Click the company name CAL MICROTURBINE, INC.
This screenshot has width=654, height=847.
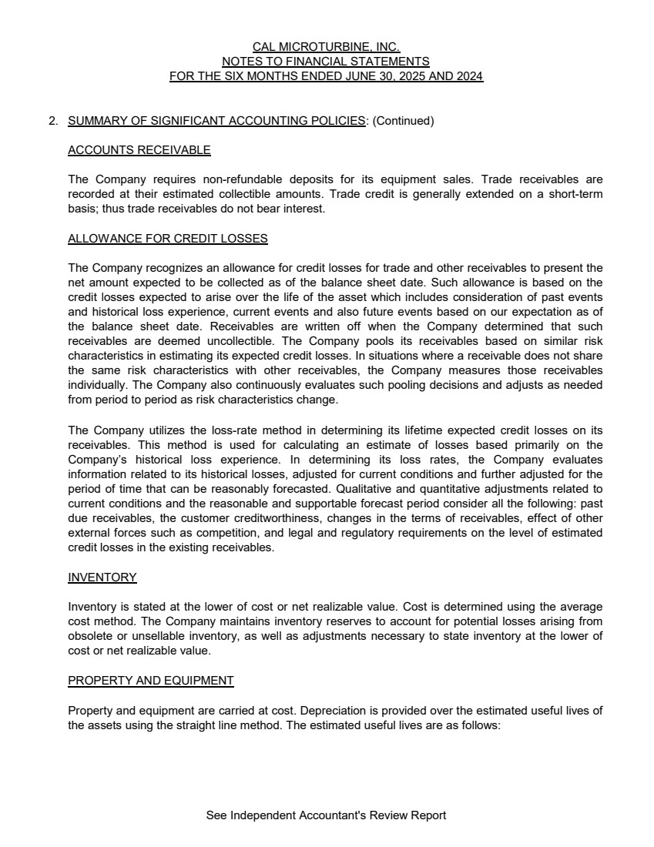[326, 47]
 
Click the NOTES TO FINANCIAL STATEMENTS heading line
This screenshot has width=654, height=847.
[326, 62]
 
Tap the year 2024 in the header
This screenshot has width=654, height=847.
[469, 76]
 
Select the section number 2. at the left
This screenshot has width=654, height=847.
[53, 121]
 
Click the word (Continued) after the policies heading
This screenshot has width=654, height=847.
[404, 121]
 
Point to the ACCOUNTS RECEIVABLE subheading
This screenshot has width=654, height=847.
[139, 150]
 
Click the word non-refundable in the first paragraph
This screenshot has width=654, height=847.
[233, 179]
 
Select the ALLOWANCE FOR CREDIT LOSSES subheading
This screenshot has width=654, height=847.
[168, 239]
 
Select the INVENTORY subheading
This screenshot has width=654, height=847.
[102, 577]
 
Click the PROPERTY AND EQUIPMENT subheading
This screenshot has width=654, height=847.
[151, 681]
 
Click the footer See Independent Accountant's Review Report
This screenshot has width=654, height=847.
[326, 815]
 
